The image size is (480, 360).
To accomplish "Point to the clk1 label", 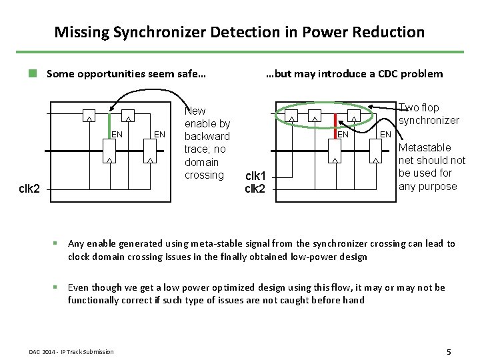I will click(255, 177).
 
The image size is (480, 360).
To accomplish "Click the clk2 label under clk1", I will click(255, 189).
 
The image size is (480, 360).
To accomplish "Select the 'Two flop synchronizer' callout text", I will click(429, 114).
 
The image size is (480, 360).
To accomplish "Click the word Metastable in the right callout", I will click(425, 147).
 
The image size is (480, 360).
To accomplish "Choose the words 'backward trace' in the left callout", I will click(207, 143).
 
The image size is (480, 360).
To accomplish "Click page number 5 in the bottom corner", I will click(449, 351).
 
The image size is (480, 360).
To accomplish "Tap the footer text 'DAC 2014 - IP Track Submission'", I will click(71, 352).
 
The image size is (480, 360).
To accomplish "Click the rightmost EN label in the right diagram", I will click(385, 135).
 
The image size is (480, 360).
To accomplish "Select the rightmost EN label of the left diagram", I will click(159, 135).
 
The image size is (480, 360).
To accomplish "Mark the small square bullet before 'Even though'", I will click(60, 287).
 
